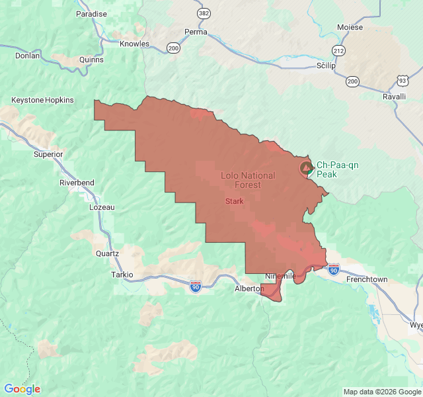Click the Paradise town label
click(91, 14)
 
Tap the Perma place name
click(196, 32)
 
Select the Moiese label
click(350, 27)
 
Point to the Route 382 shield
click(204, 13)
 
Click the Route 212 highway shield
click(338, 50)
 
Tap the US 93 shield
click(402, 80)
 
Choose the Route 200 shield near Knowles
click(173, 48)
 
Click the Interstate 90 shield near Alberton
click(196, 286)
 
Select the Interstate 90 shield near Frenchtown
click(333, 270)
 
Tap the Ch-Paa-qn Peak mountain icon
click(305, 169)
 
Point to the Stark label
click(234, 201)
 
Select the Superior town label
click(48, 154)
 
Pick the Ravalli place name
click(394, 97)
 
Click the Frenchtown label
click(367, 280)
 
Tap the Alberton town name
click(249, 289)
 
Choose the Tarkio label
click(122, 275)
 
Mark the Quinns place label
click(91, 60)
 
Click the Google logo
click(22, 389)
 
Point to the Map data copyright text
click(381, 392)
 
